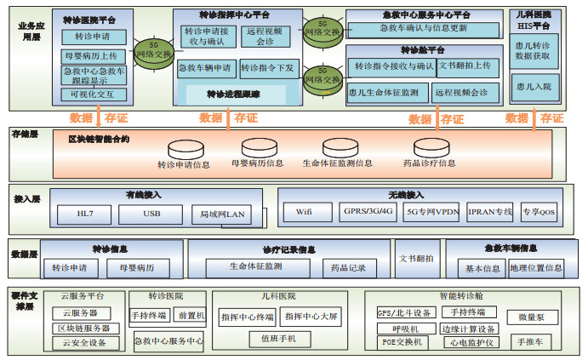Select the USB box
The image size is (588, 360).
click(151, 214)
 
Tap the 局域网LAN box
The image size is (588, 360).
click(221, 214)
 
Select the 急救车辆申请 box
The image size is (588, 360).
click(205, 66)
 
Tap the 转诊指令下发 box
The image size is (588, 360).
click(267, 66)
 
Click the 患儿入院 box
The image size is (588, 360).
click(533, 87)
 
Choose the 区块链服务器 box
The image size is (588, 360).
click(83, 328)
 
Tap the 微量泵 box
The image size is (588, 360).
click(533, 317)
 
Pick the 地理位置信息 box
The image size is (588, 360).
click(536, 267)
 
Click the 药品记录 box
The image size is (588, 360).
click(349, 267)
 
